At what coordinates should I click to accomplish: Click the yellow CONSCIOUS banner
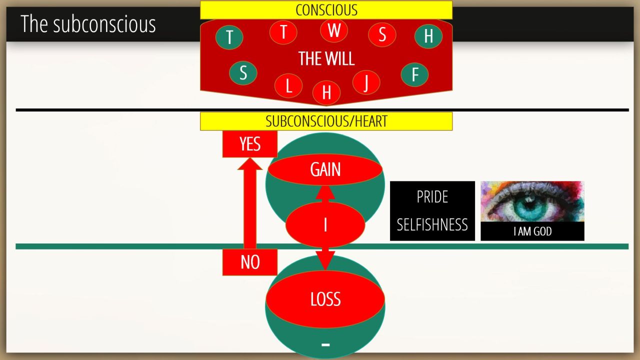click(x=326, y=10)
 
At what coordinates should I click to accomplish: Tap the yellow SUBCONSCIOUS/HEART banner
click(x=326, y=121)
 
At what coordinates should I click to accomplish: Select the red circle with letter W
click(x=334, y=30)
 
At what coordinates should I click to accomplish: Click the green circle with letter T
click(x=229, y=37)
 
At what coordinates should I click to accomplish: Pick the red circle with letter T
click(x=283, y=32)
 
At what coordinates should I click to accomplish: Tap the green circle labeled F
click(x=414, y=74)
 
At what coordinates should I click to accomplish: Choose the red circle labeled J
click(x=366, y=82)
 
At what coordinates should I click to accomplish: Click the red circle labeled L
click(x=288, y=85)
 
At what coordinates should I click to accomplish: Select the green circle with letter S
click(x=243, y=73)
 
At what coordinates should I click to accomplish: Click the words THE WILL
click(x=326, y=58)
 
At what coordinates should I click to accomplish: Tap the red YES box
click(x=250, y=144)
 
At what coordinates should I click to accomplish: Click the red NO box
click(x=250, y=262)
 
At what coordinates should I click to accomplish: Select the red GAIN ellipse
click(x=325, y=169)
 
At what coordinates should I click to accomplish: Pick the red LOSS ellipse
click(x=325, y=299)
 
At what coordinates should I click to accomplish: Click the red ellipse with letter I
click(x=325, y=225)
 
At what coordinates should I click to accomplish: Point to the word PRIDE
click(x=432, y=197)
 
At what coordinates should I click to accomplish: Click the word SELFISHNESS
click(x=432, y=224)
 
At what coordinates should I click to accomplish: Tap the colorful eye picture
click(x=532, y=201)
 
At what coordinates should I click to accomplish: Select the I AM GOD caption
click(x=532, y=231)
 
